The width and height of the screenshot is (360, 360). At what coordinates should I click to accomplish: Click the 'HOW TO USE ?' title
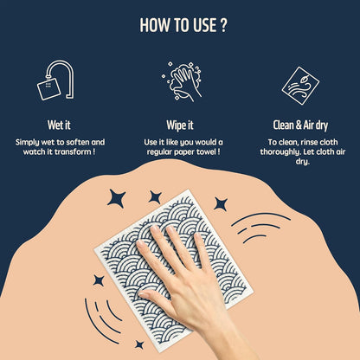tap(183, 25)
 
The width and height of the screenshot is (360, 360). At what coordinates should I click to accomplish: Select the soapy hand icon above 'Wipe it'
tap(182, 81)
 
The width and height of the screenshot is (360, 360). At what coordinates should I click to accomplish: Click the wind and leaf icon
tap(300, 86)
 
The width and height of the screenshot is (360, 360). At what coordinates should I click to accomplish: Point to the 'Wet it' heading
tap(59, 125)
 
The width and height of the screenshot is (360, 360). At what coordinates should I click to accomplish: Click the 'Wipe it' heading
tap(180, 125)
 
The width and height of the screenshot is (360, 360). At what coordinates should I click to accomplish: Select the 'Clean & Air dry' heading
tap(300, 125)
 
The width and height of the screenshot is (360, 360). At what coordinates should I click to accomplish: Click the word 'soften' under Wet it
tap(78, 142)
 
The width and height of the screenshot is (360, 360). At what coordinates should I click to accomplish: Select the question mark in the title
tap(224, 25)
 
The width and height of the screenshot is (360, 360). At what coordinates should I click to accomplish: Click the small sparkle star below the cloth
tap(139, 344)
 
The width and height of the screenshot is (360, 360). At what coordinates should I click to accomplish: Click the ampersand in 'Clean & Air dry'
tap(299, 125)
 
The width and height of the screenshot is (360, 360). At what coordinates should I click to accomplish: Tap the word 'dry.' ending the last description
tap(303, 162)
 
